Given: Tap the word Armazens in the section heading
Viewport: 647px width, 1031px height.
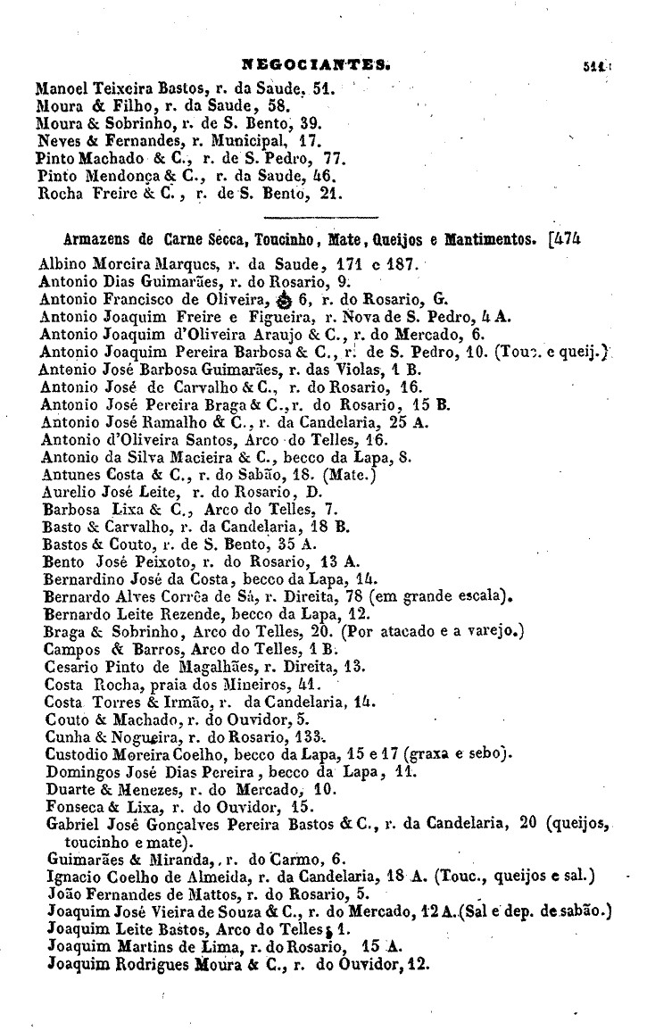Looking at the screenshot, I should pos(95,239).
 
